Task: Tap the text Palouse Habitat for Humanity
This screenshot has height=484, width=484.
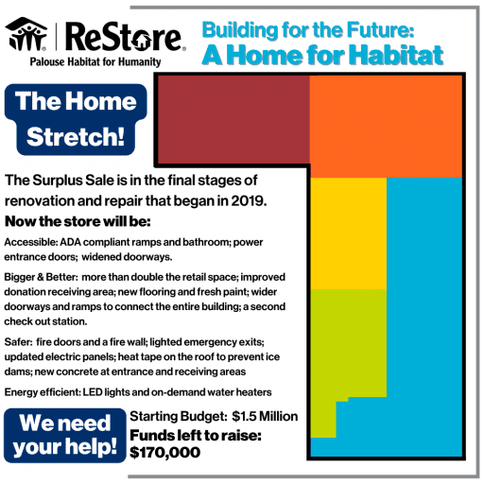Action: tap(83, 62)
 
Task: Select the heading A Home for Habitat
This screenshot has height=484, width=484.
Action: tap(322, 55)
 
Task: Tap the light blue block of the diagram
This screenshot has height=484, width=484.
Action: tap(425, 312)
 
